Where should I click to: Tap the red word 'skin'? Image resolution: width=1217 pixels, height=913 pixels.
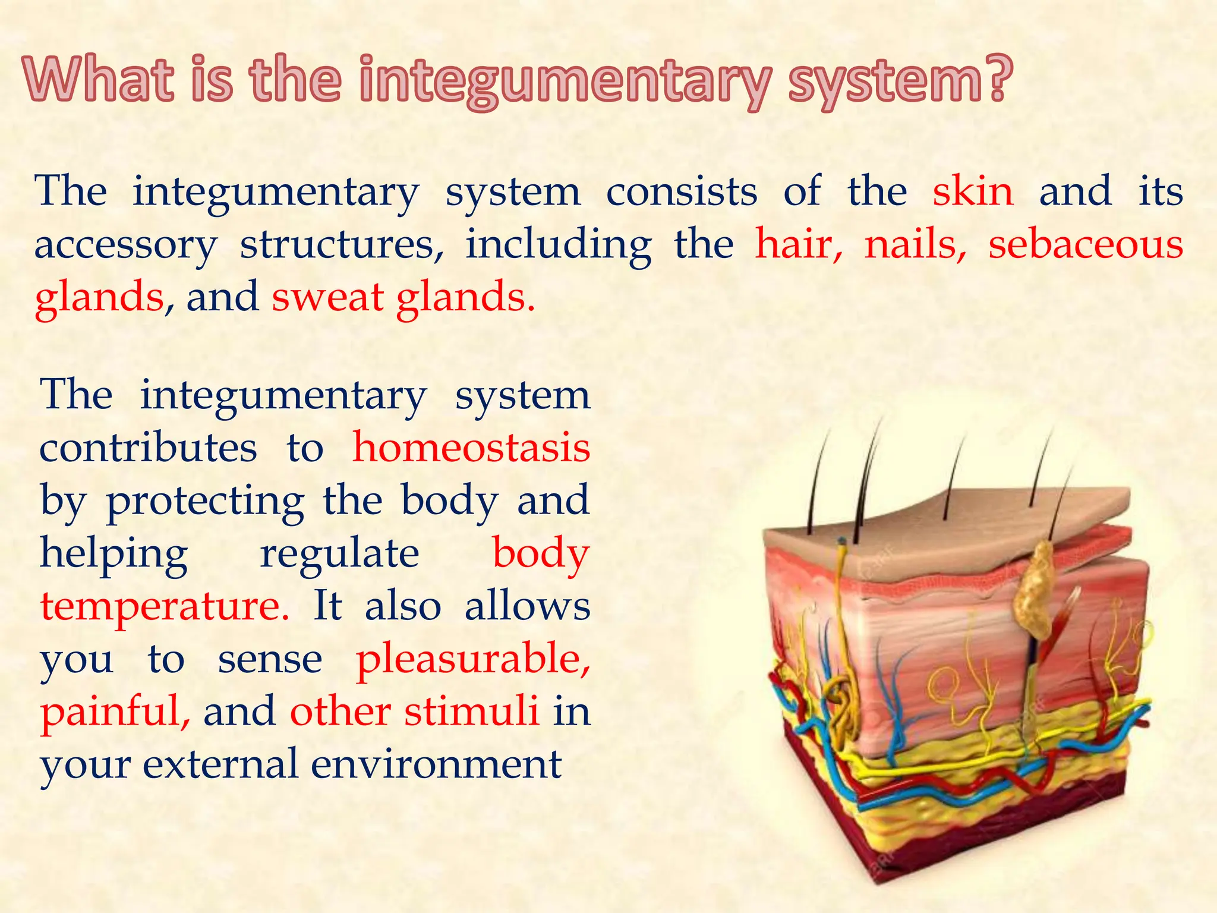coord(973,191)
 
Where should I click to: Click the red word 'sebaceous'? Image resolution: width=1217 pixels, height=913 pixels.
coord(1085,244)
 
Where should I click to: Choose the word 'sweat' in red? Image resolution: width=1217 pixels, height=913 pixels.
coord(327,297)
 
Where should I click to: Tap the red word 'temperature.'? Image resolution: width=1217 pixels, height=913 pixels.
coord(165,606)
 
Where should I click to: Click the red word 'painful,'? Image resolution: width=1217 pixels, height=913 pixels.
coord(115,711)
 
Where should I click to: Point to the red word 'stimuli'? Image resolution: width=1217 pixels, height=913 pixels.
coord(472,711)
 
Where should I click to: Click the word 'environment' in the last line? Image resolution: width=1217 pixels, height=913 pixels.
coord(436,764)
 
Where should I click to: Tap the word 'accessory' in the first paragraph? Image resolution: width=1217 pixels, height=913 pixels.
coord(125,245)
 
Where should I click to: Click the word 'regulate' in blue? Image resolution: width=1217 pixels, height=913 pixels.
coord(339,553)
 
